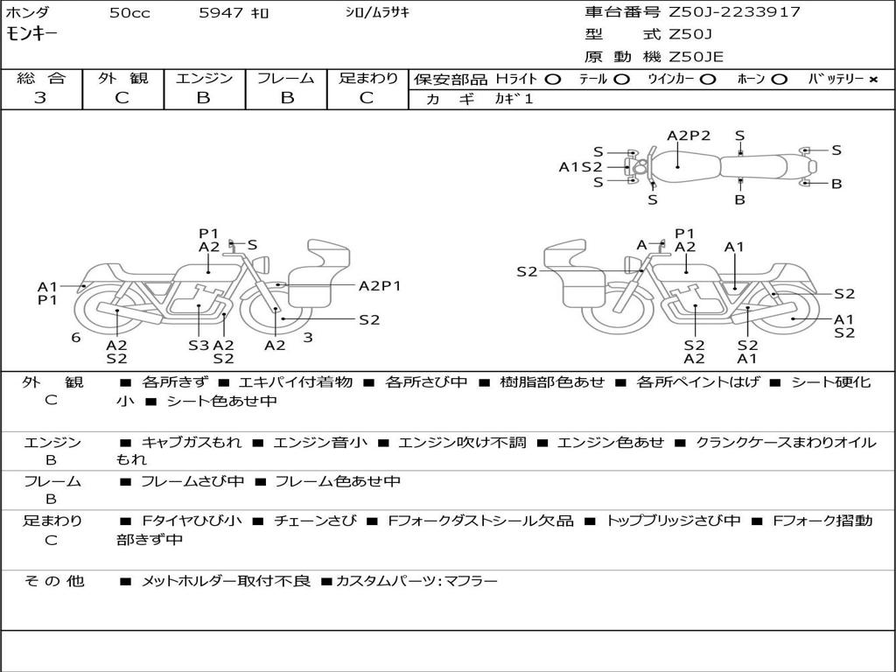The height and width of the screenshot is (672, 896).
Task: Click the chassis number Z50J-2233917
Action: coord(734,12)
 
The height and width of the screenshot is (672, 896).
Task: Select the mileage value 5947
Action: coord(220,13)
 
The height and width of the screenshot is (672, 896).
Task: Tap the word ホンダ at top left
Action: coord(27,13)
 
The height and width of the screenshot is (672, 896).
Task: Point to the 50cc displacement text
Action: coord(129,13)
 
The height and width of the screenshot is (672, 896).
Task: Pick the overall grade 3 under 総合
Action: coord(40,98)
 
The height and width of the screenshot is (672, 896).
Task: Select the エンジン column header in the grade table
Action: coord(204,78)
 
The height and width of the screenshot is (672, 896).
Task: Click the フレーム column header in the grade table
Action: coord(285,78)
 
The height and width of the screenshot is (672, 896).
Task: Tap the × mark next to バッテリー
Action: coord(872,79)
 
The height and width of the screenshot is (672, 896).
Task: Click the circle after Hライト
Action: coord(552,79)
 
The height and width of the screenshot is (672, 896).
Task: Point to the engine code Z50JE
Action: coord(696,57)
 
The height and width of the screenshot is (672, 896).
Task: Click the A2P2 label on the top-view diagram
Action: coord(689,136)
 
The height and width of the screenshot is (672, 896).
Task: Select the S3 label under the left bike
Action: coord(199,345)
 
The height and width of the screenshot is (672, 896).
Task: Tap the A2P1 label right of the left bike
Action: coord(380,285)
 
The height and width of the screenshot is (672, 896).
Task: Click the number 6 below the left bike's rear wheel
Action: coord(76,337)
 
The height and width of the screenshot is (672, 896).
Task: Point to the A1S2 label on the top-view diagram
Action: coord(581,166)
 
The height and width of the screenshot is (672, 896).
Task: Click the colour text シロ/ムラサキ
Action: coord(377,13)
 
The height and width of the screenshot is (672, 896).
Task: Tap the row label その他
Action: coord(53,580)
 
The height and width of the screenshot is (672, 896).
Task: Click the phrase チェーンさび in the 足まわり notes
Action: coord(315,521)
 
